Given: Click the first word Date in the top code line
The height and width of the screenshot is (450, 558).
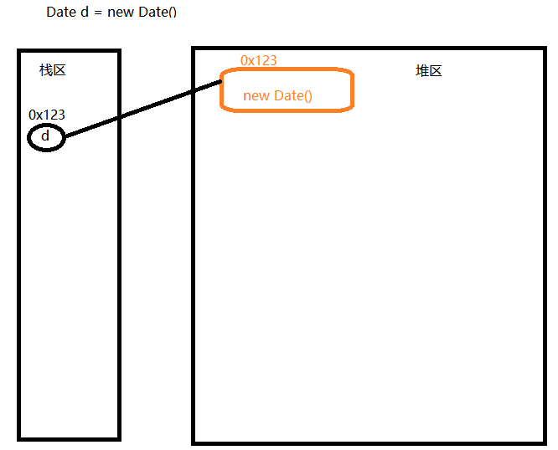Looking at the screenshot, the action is pos(60,13).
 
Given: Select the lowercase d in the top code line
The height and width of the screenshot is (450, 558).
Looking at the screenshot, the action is pos(85,13).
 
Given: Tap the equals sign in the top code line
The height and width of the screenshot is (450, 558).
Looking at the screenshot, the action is pos(98,13).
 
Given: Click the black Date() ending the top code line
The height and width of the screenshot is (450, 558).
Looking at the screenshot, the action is pos(158,13).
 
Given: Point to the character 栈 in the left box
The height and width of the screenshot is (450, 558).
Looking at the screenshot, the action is pos(46,70).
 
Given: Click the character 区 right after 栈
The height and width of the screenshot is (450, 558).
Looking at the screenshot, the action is pos(59,70).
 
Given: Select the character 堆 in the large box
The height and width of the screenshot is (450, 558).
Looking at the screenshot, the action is pos(422,71).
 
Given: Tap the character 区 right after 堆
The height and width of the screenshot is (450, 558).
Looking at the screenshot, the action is pos(436,71).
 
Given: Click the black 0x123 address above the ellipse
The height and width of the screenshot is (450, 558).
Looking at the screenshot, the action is pos(47,115).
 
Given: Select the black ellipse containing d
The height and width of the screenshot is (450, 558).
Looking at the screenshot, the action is pos(46,137).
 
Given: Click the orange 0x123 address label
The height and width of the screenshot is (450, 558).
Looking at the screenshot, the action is pos(259,60).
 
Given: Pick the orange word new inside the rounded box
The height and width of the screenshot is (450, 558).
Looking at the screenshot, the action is pos(256,96).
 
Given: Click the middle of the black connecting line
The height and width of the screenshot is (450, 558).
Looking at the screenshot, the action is pos(142,109).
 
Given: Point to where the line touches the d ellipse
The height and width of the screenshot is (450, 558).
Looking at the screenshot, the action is pos(65,136).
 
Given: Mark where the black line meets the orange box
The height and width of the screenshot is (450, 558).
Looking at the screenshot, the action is pos(221,81).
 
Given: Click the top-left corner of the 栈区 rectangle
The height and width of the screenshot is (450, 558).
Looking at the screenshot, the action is pos(19,51).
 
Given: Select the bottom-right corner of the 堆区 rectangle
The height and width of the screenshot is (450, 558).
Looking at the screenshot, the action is pos(545,442).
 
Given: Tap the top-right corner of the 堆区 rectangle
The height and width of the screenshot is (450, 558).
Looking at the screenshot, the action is pos(545,49).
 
